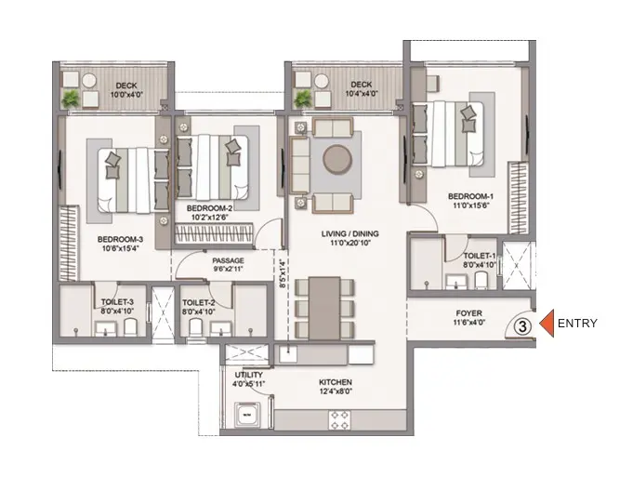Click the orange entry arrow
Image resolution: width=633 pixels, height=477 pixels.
point(547,324)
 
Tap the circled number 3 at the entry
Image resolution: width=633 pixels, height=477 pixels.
point(522,326)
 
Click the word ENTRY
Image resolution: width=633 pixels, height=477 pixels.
point(577,324)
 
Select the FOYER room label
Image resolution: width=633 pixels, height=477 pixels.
point(468,313)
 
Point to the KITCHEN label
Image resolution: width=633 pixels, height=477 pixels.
point(336,382)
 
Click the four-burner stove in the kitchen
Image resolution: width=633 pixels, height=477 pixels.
point(339,420)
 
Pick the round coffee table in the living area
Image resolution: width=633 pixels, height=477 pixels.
point(337,160)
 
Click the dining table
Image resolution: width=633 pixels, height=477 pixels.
point(324,308)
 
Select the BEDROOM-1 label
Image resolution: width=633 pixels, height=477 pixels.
point(470,197)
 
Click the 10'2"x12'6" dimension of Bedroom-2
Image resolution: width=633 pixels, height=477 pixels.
point(210,218)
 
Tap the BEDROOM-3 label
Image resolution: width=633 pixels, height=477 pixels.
point(120,240)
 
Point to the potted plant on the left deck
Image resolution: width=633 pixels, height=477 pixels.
point(71,99)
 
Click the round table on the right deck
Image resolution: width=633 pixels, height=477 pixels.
point(322,80)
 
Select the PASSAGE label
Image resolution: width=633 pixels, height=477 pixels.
point(228,260)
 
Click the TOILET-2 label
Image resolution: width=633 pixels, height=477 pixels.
point(198,302)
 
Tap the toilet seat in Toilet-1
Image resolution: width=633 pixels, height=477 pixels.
point(481,280)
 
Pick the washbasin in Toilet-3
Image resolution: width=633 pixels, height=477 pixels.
point(106,329)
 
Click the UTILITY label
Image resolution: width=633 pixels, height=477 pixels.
point(249,375)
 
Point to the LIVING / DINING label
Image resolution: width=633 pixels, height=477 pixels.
point(350,233)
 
